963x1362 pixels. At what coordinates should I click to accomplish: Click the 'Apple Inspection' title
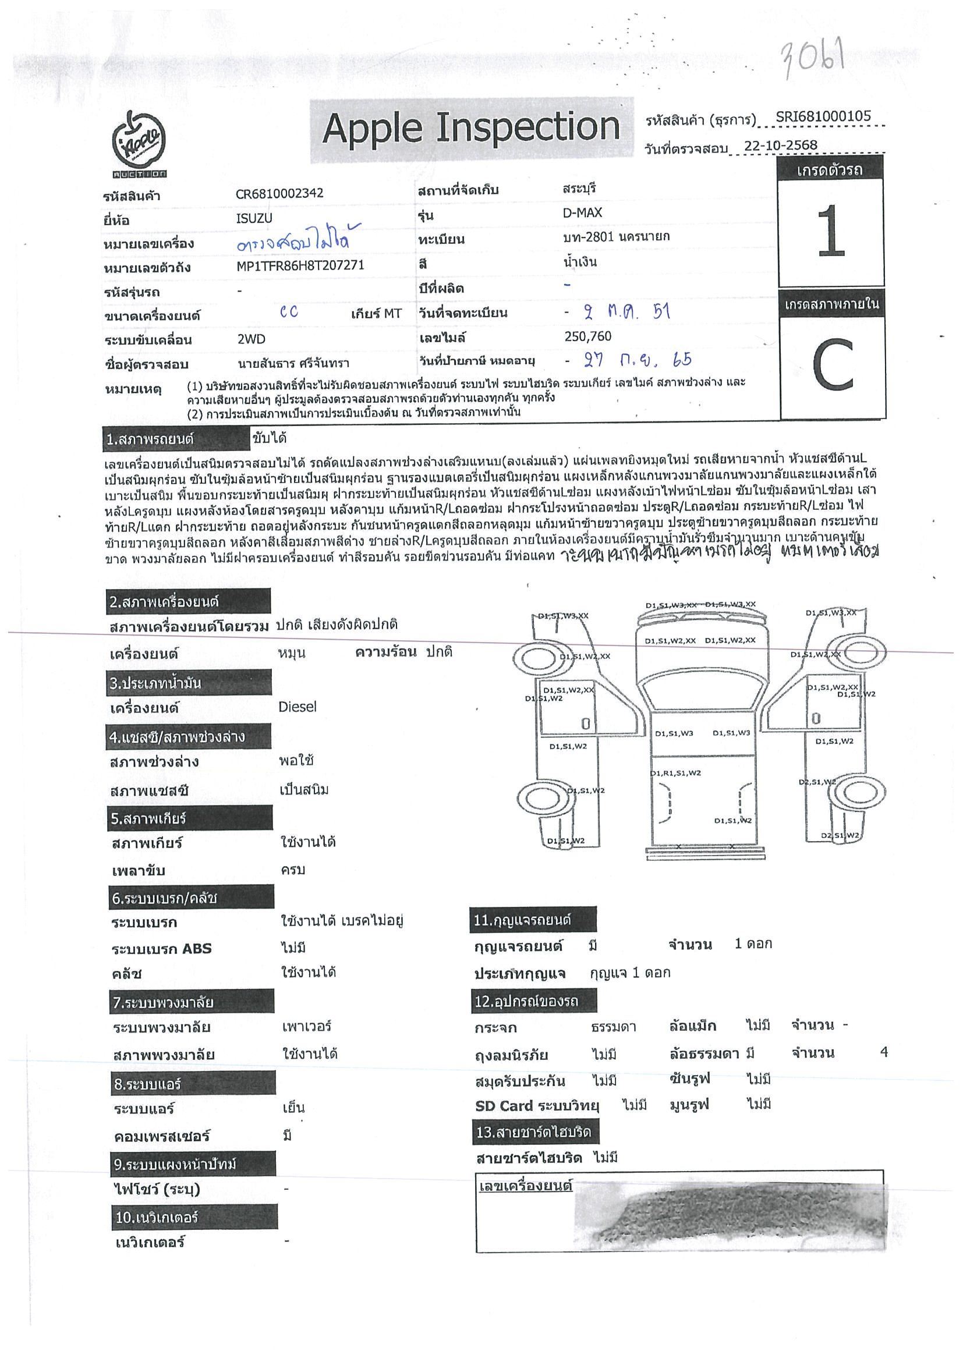(x=471, y=127)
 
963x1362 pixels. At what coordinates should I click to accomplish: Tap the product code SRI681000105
(x=823, y=116)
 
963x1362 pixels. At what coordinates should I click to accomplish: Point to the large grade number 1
(x=831, y=233)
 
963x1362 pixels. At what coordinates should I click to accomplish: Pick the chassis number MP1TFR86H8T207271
(x=300, y=267)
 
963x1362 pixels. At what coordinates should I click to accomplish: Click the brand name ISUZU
(x=254, y=218)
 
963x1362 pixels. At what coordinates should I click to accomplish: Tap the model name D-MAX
(x=582, y=213)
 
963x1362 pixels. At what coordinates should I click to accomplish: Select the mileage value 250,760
(x=588, y=336)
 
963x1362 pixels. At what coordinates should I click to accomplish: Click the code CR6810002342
(x=279, y=193)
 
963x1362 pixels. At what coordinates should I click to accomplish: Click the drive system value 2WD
(x=251, y=339)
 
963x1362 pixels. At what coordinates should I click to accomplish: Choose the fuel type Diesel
(x=298, y=707)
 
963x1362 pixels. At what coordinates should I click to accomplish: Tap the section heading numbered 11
(x=532, y=920)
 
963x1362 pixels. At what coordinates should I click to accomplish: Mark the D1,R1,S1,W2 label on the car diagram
(x=675, y=774)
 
